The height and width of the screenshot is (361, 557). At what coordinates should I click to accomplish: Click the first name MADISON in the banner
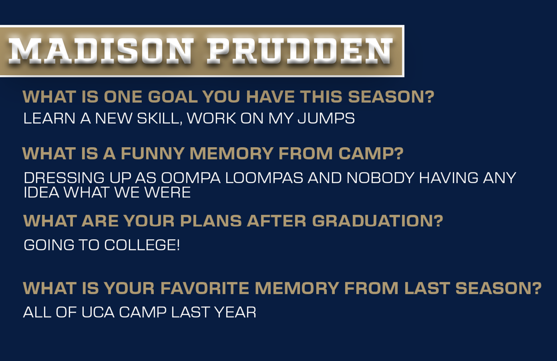click(x=101, y=51)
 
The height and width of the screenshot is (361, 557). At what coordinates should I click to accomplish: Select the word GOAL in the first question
click(x=172, y=97)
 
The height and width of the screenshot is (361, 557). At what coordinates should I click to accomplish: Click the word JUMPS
click(x=326, y=118)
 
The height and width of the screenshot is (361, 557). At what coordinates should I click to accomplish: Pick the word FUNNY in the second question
click(x=152, y=153)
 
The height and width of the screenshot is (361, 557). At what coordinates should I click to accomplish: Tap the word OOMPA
click(x=191, y=178)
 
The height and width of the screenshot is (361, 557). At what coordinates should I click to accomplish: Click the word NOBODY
click(x=380, y=178)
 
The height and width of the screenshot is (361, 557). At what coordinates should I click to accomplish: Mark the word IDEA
click(x=41, y=192)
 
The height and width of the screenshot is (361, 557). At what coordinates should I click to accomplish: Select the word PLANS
click(x=211, y=221)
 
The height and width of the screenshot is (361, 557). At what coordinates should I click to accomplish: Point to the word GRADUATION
click(x=377, y=221)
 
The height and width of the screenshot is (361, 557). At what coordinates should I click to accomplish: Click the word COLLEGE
click(x=142, y=245)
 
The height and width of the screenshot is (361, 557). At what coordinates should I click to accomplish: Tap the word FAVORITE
click(x=205, y=288)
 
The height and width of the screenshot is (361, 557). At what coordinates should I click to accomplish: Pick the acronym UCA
click(x=98, y=312)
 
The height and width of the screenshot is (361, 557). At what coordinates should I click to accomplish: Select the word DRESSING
click(x=64, y=178)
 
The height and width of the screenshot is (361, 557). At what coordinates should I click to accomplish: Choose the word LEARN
click(x=49, y=118)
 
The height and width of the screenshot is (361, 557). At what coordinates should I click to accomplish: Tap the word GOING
click(x=49, y=245)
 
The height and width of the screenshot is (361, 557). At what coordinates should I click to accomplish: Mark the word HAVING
click(x=449, y=178)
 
